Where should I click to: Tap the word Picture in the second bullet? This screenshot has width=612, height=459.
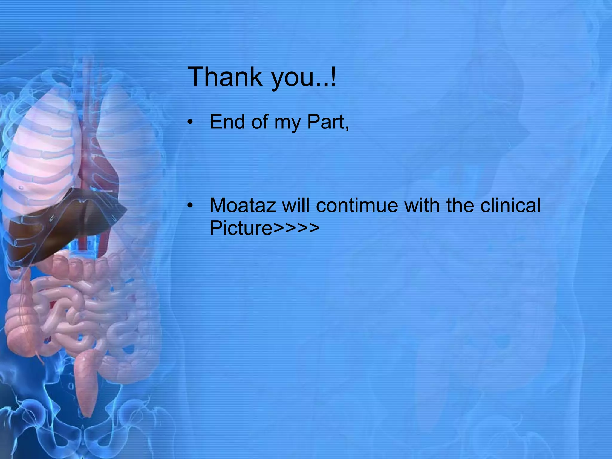coord(241,228)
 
